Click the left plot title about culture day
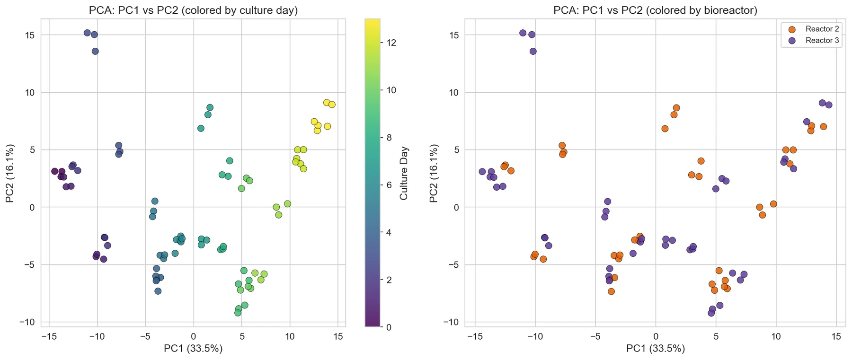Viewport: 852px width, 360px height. click(x=193, y=10)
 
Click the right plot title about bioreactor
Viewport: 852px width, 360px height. click(x=655, y=10)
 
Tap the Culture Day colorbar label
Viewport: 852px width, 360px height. click(x=404, y=173)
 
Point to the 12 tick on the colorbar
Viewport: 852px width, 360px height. click(x=391, y=43)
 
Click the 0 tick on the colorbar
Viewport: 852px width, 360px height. click(x=389, y=327)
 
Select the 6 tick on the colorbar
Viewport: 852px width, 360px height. click(x=389, y=184)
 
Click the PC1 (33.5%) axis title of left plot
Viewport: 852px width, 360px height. click(x=193, y=349)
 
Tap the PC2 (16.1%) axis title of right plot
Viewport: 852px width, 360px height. click(x=434, y=173)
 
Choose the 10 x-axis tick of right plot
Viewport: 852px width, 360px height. click(x=776, y=337)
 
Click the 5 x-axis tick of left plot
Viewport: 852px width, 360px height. click(x=242, y=337)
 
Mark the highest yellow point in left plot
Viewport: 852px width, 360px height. click(x=327, y=103)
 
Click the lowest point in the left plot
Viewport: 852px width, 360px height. click(x=238, y=313)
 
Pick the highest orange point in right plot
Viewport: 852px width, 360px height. click(x=676, y=108)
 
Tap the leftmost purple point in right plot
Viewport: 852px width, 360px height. click(x=482, y=172)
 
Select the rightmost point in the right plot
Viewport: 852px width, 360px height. click(x=829, y=105)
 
